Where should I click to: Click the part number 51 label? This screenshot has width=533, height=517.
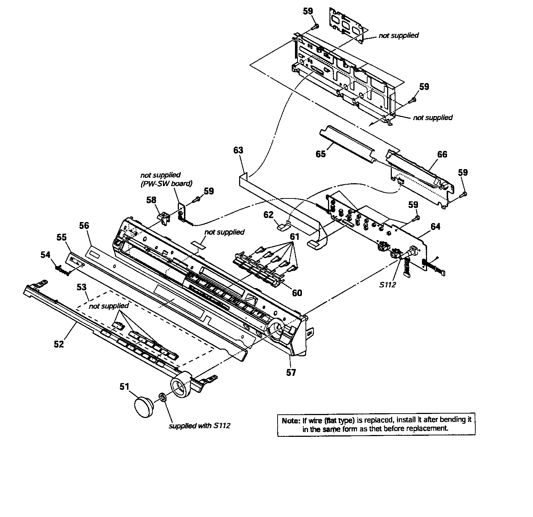(124, 387)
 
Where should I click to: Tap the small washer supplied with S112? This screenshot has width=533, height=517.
(162, 398)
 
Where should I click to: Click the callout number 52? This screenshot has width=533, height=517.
(59, 344)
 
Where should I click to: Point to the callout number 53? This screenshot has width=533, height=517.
(82, 287)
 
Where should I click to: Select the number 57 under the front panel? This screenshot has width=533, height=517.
(291, 372)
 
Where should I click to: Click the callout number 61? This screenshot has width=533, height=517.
(294, 237)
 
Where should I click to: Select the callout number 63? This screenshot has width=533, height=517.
(238, 151)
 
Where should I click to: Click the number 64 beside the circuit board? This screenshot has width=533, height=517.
(435, 227)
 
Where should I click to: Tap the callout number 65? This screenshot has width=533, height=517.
(320, 153)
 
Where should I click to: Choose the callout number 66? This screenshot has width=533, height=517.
(442, 155)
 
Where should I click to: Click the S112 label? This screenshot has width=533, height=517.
(388, 285)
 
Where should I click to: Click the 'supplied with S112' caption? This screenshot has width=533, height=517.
(200, 426)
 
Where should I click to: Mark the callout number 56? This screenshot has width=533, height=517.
(84, 226)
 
